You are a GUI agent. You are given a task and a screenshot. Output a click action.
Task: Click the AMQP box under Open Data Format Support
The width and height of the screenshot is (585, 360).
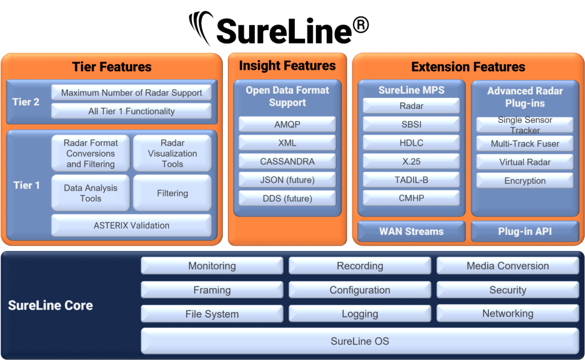coord(287,124)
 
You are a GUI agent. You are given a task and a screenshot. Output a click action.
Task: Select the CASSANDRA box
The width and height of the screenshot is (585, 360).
coord(287,161)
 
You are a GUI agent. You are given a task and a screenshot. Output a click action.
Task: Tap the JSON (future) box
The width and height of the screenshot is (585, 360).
coord(287,180)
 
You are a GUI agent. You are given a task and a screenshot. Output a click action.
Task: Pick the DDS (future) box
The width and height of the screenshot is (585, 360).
coord(287,198)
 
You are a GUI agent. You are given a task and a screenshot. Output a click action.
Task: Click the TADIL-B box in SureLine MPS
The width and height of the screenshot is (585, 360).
coord(411,180)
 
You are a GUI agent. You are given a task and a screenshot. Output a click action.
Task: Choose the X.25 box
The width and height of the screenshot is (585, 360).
coord(411,161)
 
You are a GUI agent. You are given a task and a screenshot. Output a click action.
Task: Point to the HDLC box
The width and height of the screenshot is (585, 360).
coord(411,143)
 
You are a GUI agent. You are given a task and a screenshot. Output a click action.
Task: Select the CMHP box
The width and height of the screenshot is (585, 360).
coord(411,198)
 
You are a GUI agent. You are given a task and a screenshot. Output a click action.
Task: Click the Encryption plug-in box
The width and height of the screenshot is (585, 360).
coord(524,181)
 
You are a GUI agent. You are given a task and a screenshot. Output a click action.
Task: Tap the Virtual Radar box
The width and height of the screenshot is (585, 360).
coord(524,162)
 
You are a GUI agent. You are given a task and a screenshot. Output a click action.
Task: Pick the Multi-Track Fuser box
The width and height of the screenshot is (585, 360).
coord(524,143)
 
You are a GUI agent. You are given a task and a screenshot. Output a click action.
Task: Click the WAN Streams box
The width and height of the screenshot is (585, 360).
coord(411,231)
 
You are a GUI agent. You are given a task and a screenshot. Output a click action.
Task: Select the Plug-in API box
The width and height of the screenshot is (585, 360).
coord(524,231)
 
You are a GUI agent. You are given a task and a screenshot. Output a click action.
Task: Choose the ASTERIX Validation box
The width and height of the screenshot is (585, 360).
coord(131,225)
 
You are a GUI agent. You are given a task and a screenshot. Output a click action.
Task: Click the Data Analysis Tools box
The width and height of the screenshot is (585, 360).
coord(90,193)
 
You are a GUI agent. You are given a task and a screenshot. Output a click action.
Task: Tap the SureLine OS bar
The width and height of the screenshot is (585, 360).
coord(360,341)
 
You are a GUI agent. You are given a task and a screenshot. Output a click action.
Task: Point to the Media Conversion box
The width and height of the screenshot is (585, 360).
coord(507,266)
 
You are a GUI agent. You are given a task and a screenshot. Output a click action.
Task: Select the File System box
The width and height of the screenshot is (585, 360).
coord(212,314)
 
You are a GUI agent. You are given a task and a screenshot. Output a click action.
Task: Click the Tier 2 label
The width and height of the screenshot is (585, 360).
coord(26,102)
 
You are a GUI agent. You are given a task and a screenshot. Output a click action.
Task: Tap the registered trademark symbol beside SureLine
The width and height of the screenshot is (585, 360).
coord(361,25)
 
